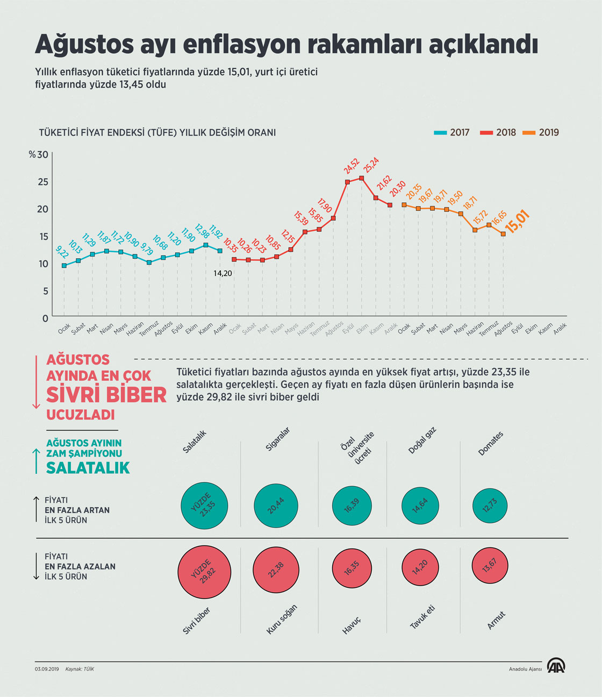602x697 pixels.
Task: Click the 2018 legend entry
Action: (x=498, y=132)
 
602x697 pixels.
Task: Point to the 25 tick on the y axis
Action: (x=42, y=182)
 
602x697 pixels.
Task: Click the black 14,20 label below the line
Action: (x=223, y=273)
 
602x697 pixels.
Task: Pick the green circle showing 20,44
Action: (x=276, y=506)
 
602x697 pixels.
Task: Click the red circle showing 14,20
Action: (x=420, y=566)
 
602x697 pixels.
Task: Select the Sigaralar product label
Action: (x=278, y=439)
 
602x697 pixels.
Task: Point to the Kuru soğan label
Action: (x=282, y=619)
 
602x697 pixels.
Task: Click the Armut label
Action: (x=496, y=620)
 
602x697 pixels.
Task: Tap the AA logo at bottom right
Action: (x=556, y=666)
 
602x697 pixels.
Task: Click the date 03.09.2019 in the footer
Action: (x=47, y=669)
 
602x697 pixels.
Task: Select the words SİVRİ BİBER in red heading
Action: (x=106, y=395)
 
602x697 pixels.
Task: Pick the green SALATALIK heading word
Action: (x=88, y=468)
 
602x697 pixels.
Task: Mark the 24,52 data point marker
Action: (x=347, y=182)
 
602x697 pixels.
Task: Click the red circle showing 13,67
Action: (x=489, y=565)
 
